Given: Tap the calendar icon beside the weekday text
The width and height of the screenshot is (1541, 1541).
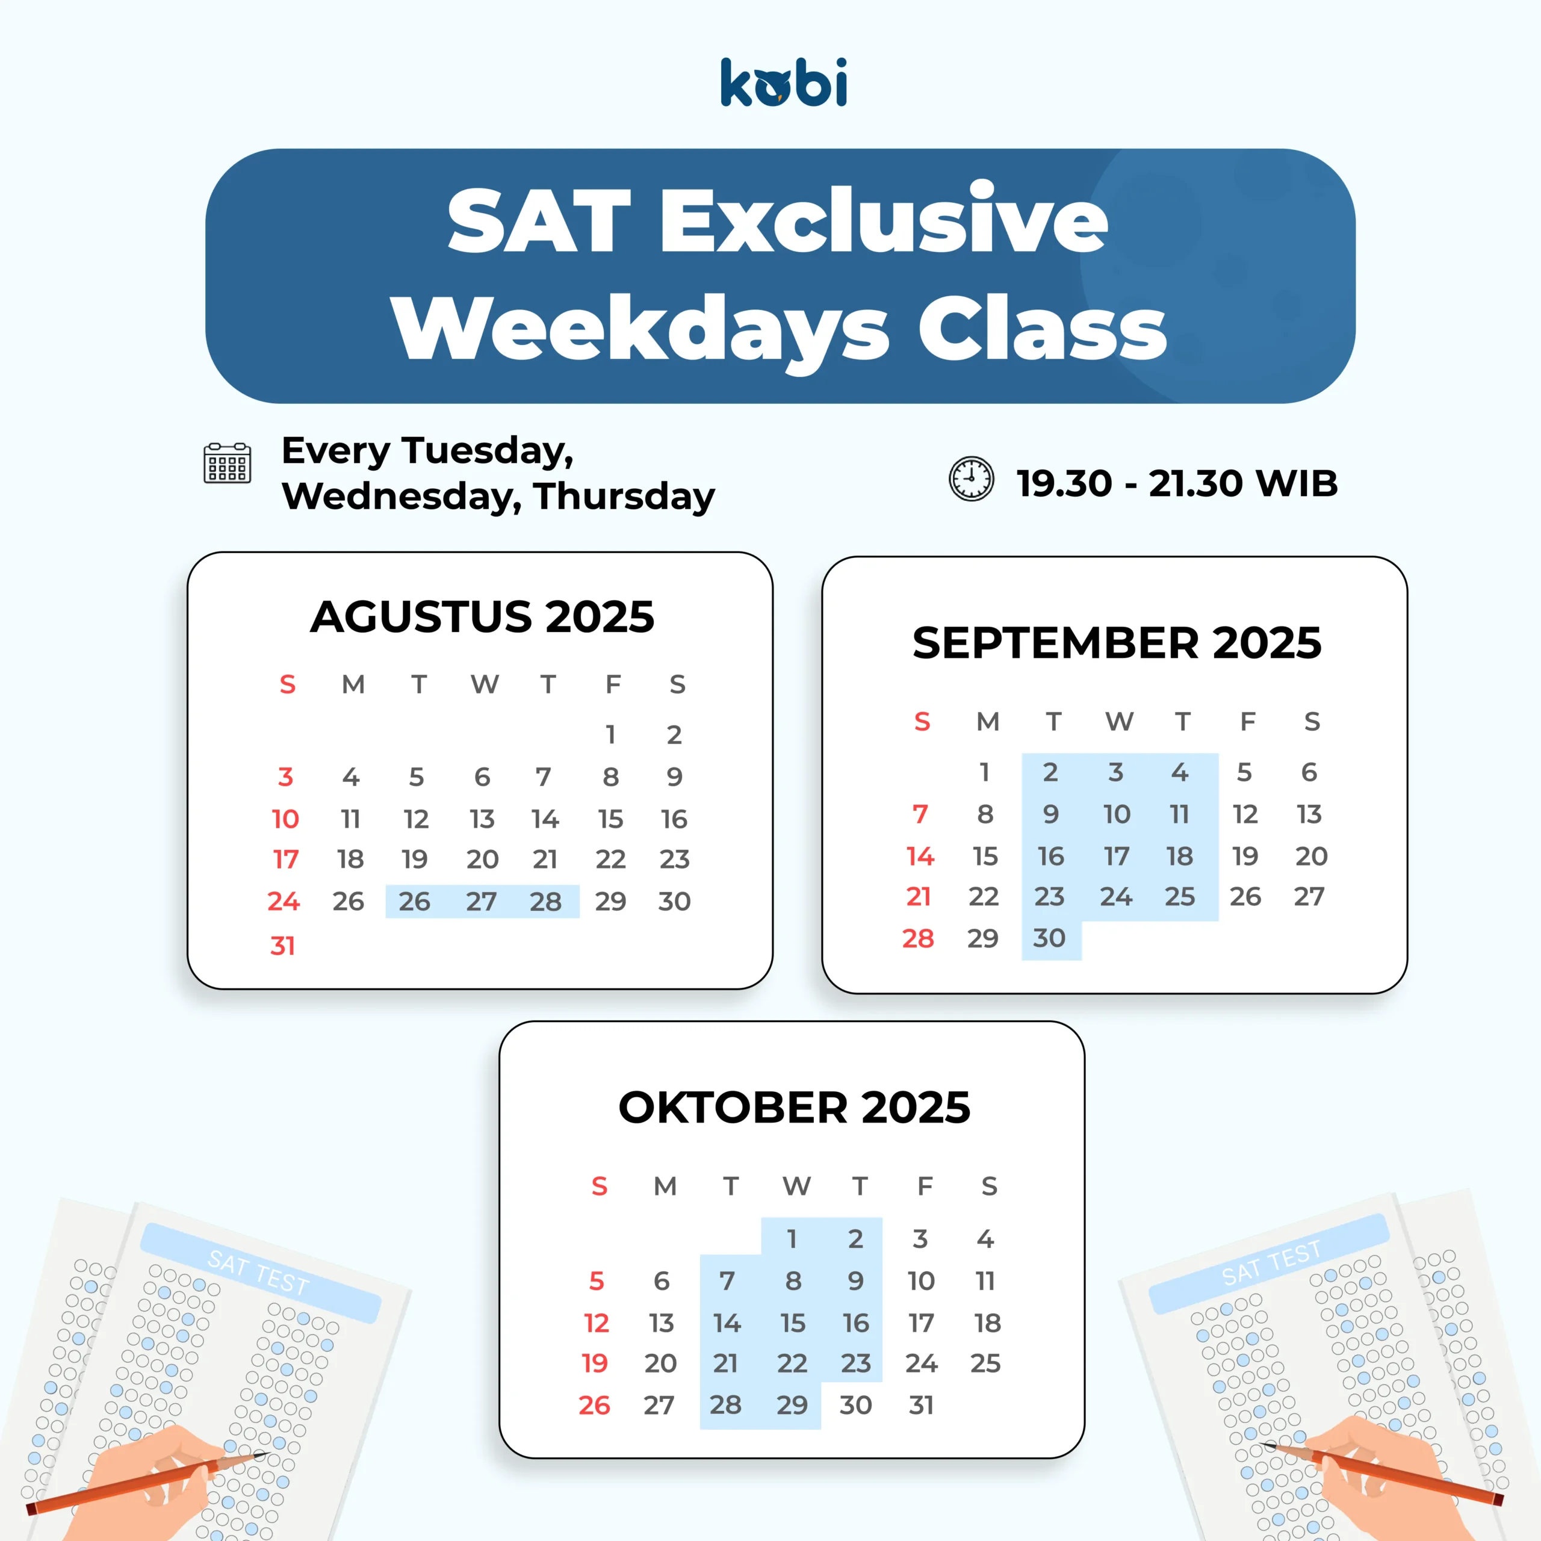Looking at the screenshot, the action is tap(228, 464).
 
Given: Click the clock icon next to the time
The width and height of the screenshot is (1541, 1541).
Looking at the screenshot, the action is tap(971, 479).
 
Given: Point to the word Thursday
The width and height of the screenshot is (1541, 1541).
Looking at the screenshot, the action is tap(625, 497).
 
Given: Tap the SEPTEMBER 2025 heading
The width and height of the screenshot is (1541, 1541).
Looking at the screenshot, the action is tap(1117, 643).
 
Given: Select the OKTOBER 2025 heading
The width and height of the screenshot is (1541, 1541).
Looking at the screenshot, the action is tap(795, 1107).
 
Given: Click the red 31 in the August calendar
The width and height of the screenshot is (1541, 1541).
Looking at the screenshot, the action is tap(282, 946).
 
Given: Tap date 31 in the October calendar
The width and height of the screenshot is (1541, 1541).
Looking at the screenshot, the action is tap(921, 1406).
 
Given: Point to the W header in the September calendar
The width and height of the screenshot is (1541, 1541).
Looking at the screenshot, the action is tap(1119, 722).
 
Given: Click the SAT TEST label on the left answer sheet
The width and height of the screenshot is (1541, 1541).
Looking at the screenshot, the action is tap(258, 1273).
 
